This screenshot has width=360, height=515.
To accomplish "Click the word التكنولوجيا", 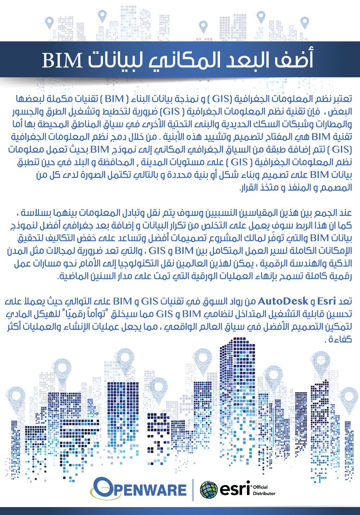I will (165, 264).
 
